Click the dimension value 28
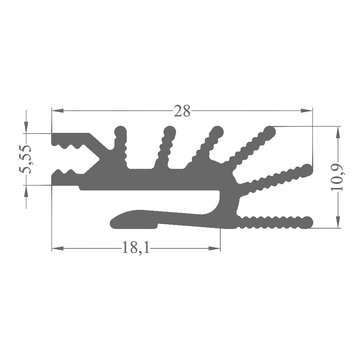pyautogui.click(x=182, y=111)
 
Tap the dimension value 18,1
pyautogui.click(x=136, y=247)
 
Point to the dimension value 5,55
pyautogui.click(x=26, y=159)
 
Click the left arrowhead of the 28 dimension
pyautogui.click(x=58, y=111)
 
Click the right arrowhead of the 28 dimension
pyautogui.click(x=306, y=111)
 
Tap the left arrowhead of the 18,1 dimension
pyautogui.click(x=58, y=248)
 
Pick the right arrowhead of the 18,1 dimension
pyautogui.click(x=215, y=248)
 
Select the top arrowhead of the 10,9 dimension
pyautogui.click(x=338, y=132)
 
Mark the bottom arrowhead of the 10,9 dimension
pyautogui.click(x=338, y=222)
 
